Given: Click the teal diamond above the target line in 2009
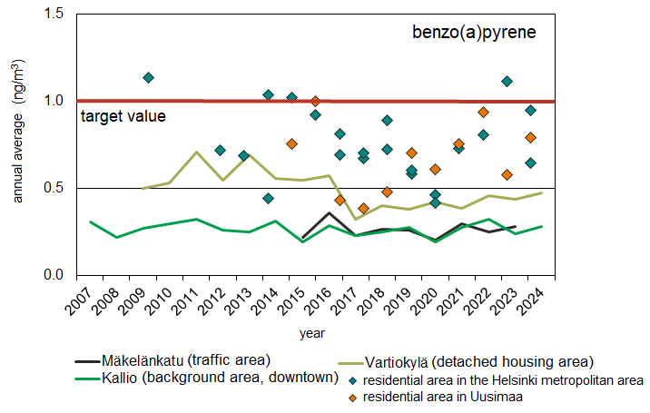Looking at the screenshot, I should (x=149, y=78).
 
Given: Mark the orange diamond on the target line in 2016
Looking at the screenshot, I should (x=315, y=101).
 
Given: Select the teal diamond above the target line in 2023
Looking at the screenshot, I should (x=507, y=82).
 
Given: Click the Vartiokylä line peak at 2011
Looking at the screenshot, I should (x=196, y=152).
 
